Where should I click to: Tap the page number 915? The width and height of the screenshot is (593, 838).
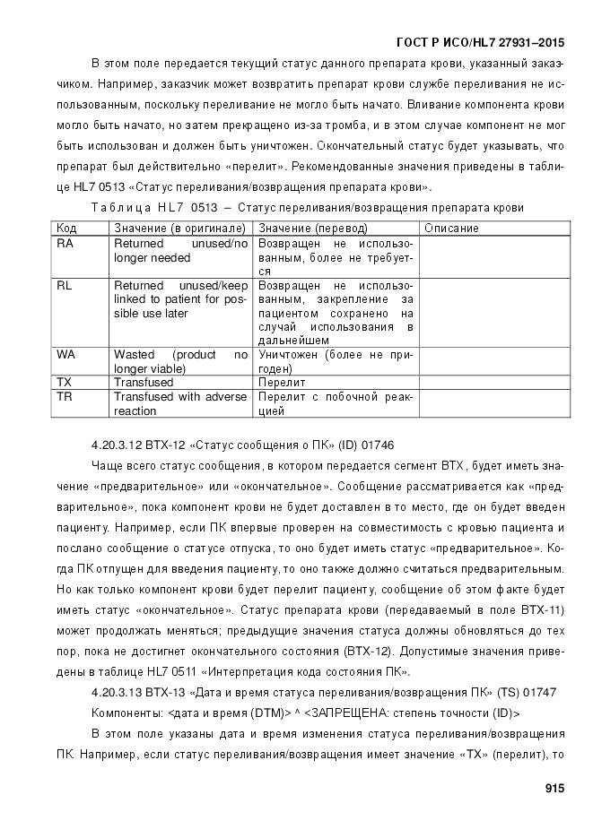pos(554,789)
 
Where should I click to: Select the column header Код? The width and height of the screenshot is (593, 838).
pos(66,229)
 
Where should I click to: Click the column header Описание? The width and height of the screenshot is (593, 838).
pos(451,229)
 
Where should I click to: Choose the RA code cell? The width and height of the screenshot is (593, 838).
pos(65,244)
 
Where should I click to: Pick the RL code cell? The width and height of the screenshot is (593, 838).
pos(65,286)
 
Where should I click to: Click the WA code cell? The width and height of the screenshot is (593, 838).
pos(66,355)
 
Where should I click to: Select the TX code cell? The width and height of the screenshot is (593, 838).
pos(65,382)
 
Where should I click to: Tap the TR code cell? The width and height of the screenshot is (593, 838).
pos(65,396)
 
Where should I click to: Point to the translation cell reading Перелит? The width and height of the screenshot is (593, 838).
pos(282,383)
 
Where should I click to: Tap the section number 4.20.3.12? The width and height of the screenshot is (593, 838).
pos(116,445)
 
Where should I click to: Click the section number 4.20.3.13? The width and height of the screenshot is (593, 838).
pos(116,693)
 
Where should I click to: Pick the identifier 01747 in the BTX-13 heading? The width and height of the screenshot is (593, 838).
pos(537,693)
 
